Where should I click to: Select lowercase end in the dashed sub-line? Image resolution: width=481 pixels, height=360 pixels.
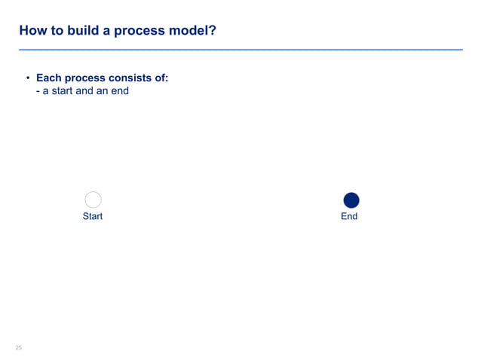(121, 92)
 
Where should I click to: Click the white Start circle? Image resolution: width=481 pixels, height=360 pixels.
(93, 200)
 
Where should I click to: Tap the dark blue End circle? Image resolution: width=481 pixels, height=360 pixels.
(351, 200)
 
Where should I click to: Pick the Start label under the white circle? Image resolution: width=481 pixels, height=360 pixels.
(92, 216)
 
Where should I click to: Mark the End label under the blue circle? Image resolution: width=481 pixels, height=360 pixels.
(349, 216)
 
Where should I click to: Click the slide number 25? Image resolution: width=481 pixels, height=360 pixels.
(19, 347)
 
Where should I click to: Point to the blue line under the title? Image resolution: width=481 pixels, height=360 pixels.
(240, 50)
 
